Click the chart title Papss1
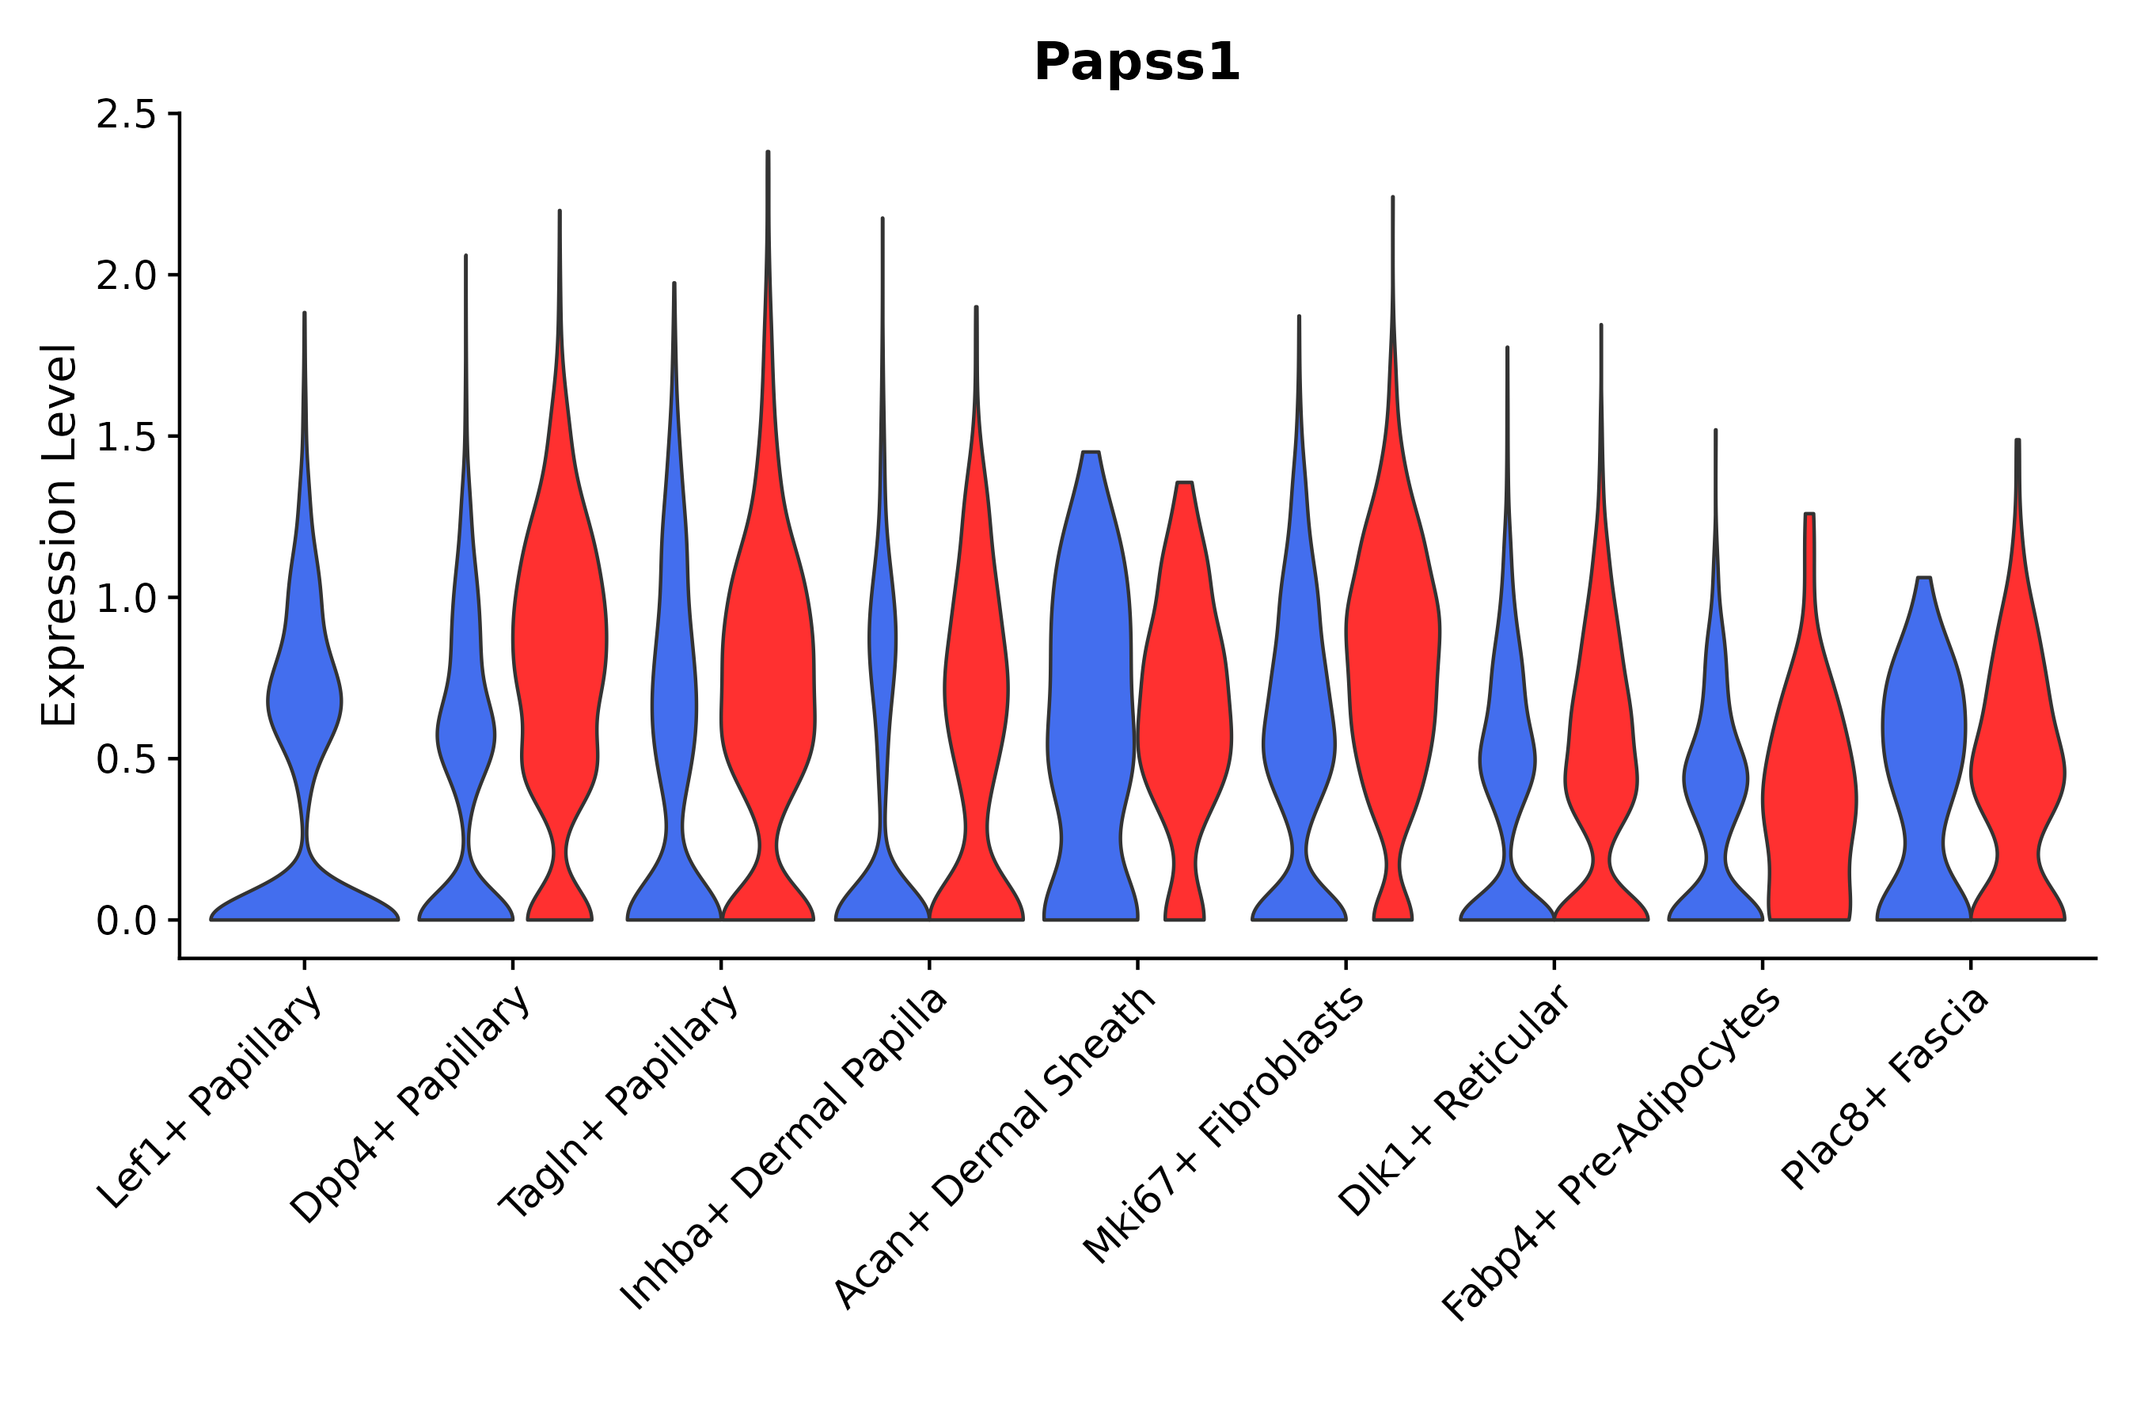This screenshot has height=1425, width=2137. [1137, 63]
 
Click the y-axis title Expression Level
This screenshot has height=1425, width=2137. [59, 534]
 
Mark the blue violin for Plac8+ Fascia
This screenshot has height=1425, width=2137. [1923, 727]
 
